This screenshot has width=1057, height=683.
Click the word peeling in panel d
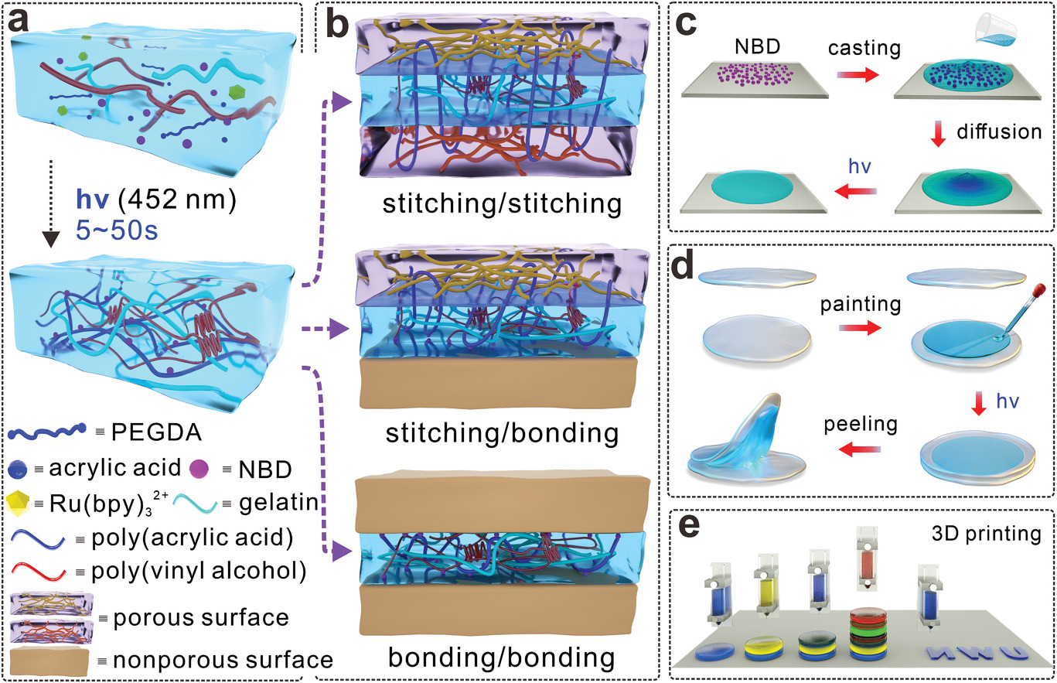[848, 425]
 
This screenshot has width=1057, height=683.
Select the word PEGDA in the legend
[136, 430]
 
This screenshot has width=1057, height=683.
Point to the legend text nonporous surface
[223, 659]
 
